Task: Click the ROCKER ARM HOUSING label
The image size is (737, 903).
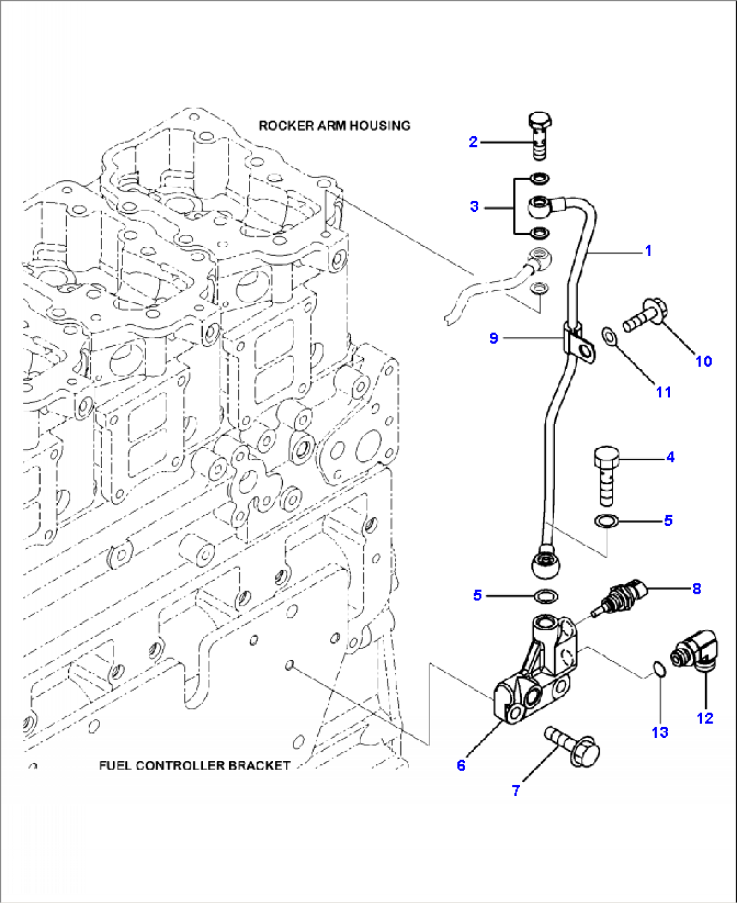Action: click(x=334, y=125)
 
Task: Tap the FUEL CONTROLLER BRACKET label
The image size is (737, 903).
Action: click(x=195, y=766)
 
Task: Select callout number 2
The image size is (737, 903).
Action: click(x=473, y=141)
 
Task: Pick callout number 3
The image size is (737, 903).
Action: click(x=474, y=206)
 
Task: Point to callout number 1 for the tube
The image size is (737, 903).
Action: click(x=648, y=250)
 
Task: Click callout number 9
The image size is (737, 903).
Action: click(x=494, y=337)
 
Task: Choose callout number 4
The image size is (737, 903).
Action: click(x=669, y=457)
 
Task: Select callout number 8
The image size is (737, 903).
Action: click(x=696, y=588)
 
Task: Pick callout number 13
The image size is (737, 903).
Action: click(x=660, y=732)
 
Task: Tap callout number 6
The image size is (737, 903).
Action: click(x=461, y=765)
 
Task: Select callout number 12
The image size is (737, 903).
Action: click(x=705, y=718)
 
